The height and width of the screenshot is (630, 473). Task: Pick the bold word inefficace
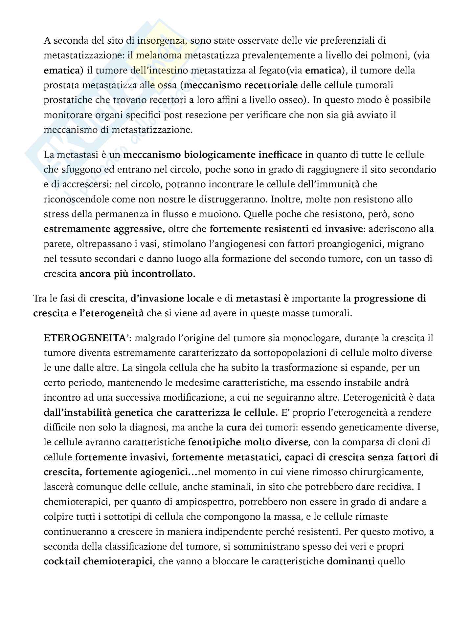(276, 155)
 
